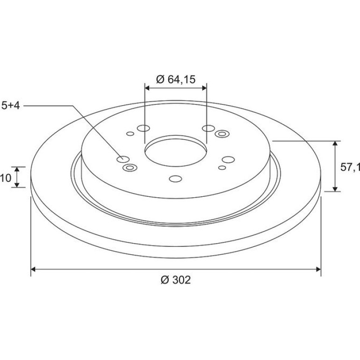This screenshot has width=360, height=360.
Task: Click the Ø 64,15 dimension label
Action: pyautogui.click(x=176, y=79)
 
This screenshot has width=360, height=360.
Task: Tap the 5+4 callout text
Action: pyautogui.click(x=11, y=106)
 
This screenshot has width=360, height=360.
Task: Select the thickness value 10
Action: pyautogui.click(x=6, y=178)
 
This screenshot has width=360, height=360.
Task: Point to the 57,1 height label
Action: pyautogui.click(x=350, y=167)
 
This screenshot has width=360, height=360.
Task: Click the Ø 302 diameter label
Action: pyautogui.click(x=176, y=280)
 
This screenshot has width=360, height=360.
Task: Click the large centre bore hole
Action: pyautogui.click(x=176, y=151)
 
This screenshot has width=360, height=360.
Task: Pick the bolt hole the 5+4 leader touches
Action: pyautogui.click(x=123, y=159)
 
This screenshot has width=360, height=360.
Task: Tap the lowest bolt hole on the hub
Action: pyautogui.click(x=175, y=179)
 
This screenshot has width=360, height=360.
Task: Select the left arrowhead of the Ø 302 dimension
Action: pyautogui.click(x=33, y=269)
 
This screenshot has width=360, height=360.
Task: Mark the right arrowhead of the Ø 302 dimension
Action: pyautogui.click(x=318, y=269)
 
